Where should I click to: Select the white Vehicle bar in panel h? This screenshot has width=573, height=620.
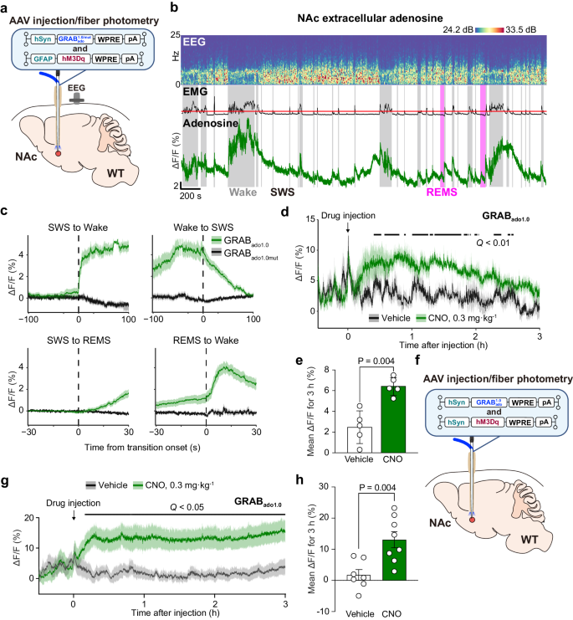coord(359,577)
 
